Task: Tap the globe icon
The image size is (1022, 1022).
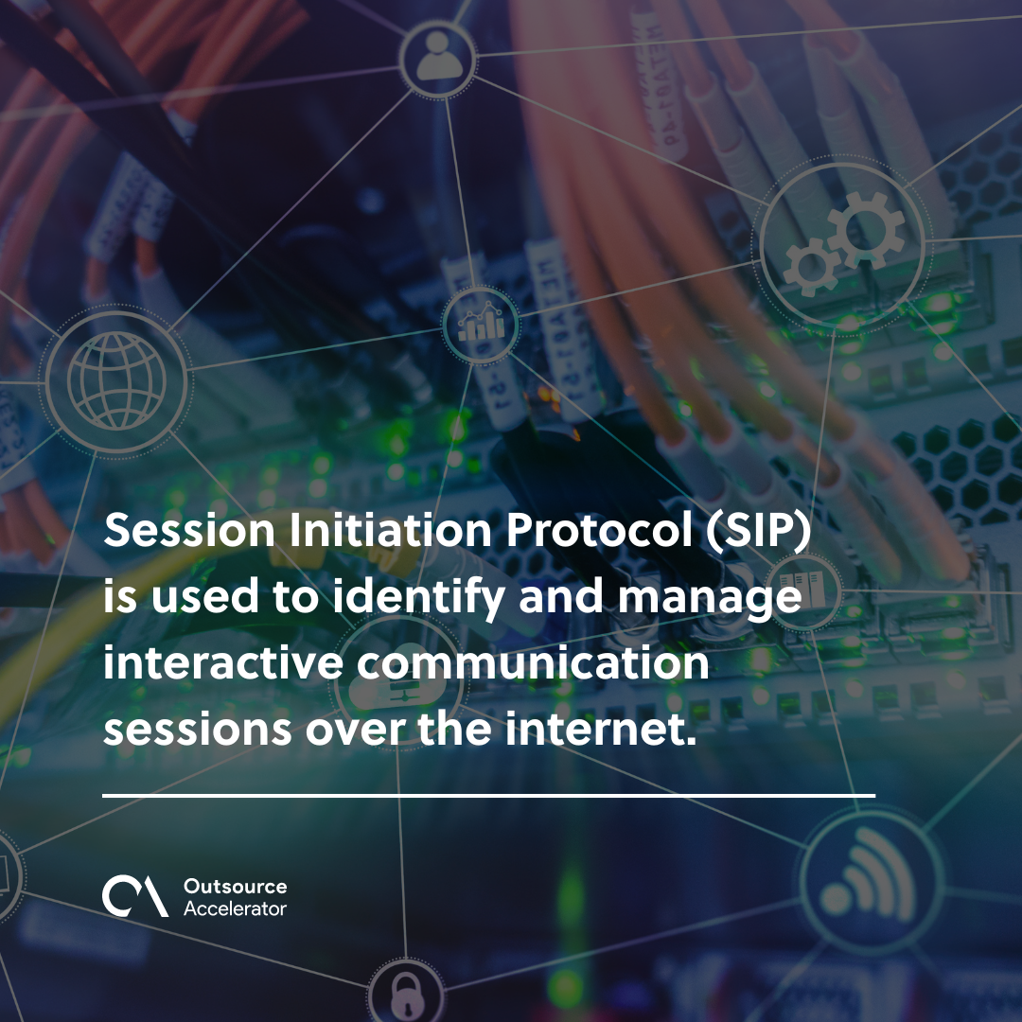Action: [x=116, y=380]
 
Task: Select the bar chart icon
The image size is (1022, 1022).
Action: [x=481, y=324]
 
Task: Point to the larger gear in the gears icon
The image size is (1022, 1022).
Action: [x=866, y=229]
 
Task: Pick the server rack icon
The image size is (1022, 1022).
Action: [x=802, y=590]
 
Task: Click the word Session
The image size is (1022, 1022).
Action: [x=189, y=530]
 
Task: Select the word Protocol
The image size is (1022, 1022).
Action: [x=599, y=530]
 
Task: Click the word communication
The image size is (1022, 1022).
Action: [x=533, y=661]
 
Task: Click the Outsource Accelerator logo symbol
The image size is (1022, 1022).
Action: [x=135, y=896]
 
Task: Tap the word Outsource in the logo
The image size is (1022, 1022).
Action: [x=236, y=887]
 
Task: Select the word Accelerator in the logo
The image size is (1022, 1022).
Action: [x=236, y=907]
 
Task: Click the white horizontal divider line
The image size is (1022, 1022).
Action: [x=489, y=796]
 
